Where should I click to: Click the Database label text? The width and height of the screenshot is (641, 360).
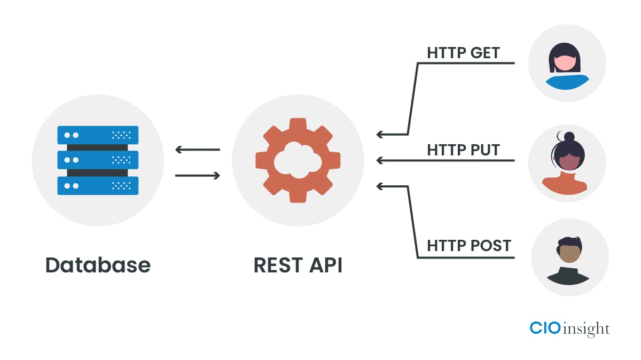(x=98, y=265)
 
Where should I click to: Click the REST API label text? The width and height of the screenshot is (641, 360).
(x=298, y=265)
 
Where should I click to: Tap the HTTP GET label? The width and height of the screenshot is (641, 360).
(x=463, y=53)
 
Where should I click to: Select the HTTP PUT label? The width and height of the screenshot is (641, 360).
(x=463, y=150)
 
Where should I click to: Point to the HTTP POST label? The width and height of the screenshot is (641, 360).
(x=469, y=246)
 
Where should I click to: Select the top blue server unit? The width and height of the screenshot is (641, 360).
(x=98, y=135)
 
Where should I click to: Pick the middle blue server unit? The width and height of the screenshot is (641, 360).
(x=98, y=160)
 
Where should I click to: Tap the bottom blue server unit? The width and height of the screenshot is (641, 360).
(x=98, y=185)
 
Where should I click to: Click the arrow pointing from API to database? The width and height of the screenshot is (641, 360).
(x=197, y=150)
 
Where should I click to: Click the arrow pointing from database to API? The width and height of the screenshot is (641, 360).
(x=197, y=175)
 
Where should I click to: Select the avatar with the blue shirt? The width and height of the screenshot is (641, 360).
(x=567, y=63)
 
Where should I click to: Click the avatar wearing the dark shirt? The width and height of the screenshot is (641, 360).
(x=569, y=257)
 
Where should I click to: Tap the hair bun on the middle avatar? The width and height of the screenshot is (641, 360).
(x=569, y=136)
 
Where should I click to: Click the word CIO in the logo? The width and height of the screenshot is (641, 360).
(x=545, y=327)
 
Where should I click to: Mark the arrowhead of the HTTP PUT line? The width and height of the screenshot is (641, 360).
(x=380, y=160)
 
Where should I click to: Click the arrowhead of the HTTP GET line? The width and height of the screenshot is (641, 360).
(x=380, y=134)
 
